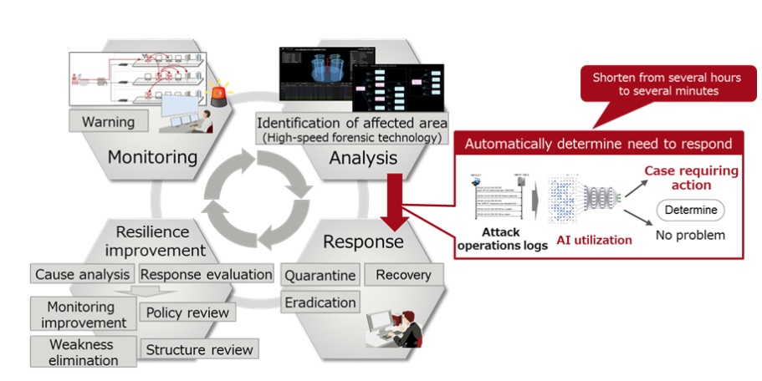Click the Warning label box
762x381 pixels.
(x=108, y=122)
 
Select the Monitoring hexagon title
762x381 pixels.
(x=152, y=157)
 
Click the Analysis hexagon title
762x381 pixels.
(x=364, y=158)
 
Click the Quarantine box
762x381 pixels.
(x=320, y=275)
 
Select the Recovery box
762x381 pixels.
(x=403, y=275)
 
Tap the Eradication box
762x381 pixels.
(x=320, y=302)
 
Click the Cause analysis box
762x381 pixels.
(x=82, y=274)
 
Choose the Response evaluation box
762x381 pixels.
(x=206, y=274)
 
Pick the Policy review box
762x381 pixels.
(x=187, y=312)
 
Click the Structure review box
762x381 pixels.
(x=199, y=349)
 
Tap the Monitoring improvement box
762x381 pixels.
(x=80, y=315)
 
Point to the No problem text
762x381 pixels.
(x=690, y=235)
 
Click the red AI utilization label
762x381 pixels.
(x=594, y=240)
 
